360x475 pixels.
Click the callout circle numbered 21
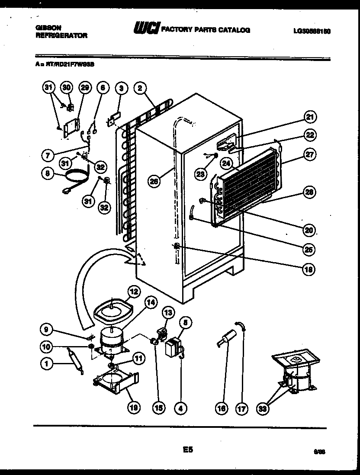click(310, 117)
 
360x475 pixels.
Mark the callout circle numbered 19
click(134, 407)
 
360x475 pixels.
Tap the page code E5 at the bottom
click(187, 450)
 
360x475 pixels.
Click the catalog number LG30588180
click(312, 31)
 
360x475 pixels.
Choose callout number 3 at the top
click(122, 88)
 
